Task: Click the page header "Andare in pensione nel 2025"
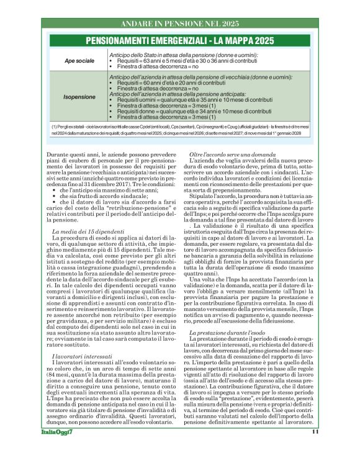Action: (x=180, y=24)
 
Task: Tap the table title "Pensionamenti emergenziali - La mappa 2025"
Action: (x=180, y=42)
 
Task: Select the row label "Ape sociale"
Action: (x=79, y=61)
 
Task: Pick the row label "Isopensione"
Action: (x=79, y=97)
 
